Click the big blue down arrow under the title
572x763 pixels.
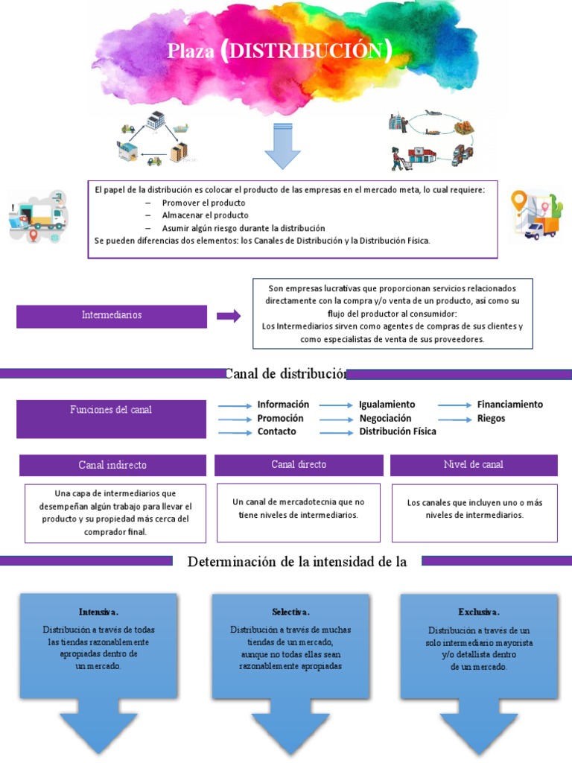(x=282, y=146)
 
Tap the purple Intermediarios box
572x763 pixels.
(x=112, y=315)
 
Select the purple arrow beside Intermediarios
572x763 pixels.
(x=229, y=316)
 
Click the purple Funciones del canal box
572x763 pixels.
(x=112, y=418)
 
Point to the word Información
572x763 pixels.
(x=283, y=405)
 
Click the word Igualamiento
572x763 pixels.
(x=387, y=405)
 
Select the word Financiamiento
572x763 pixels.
(x=510, y=405)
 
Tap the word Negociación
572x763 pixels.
(x=385, y=418)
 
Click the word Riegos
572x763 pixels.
(x=492, y=418)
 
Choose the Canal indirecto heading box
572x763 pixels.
(x=112, y=465)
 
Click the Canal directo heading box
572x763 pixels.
(x=299, y=465)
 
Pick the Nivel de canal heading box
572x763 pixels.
(x=474, y=465)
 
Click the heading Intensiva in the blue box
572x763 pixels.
(x=98, y=612)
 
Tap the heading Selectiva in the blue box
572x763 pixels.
(x=290, y=612)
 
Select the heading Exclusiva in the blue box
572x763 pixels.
(x=479, y=612)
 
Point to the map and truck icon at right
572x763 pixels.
(x=535, y=215)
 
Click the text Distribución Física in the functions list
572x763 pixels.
(x=398, y=431)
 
